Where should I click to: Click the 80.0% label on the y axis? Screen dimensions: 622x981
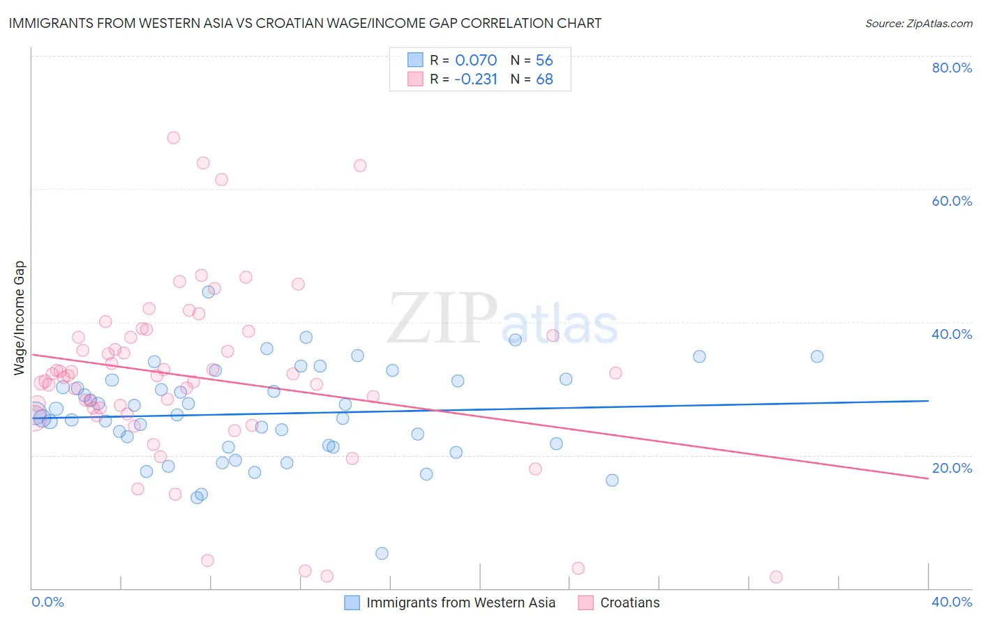(x=952, y=68)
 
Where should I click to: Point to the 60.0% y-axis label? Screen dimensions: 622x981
(x=952, y=201)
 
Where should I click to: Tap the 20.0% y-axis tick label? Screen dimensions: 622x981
(x=952, y=468)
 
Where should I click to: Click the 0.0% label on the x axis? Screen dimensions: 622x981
(x=47, y=602)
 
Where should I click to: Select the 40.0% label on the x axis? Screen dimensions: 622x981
(x=952, y=602)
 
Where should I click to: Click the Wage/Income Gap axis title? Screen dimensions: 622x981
(x=20, y=318)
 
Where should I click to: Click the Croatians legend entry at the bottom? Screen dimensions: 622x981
(x=629, y=602)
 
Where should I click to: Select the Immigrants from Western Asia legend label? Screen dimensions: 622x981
(x=460, y=602)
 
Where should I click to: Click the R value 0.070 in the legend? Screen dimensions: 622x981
(x=476, y=60)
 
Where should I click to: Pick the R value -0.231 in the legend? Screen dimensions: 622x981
(x=476, y=79)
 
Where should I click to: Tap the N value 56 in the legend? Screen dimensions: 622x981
(x=544, y=60)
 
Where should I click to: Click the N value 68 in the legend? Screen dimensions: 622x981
(x=544, y=79)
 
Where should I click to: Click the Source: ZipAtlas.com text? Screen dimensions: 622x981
(x=918, y=24)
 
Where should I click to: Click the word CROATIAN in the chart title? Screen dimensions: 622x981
(x=287, y=23)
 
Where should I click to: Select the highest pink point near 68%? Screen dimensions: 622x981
(x=174, y=137)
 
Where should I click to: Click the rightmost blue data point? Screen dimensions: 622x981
(x=817, y=356)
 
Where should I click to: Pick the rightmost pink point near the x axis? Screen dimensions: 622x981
(x=776, y=577)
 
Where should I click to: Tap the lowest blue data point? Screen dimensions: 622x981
(x=382, y=554)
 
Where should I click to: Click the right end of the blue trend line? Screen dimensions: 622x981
(x=929, y=401)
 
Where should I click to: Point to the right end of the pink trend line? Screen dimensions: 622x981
(x=929, y=478)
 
